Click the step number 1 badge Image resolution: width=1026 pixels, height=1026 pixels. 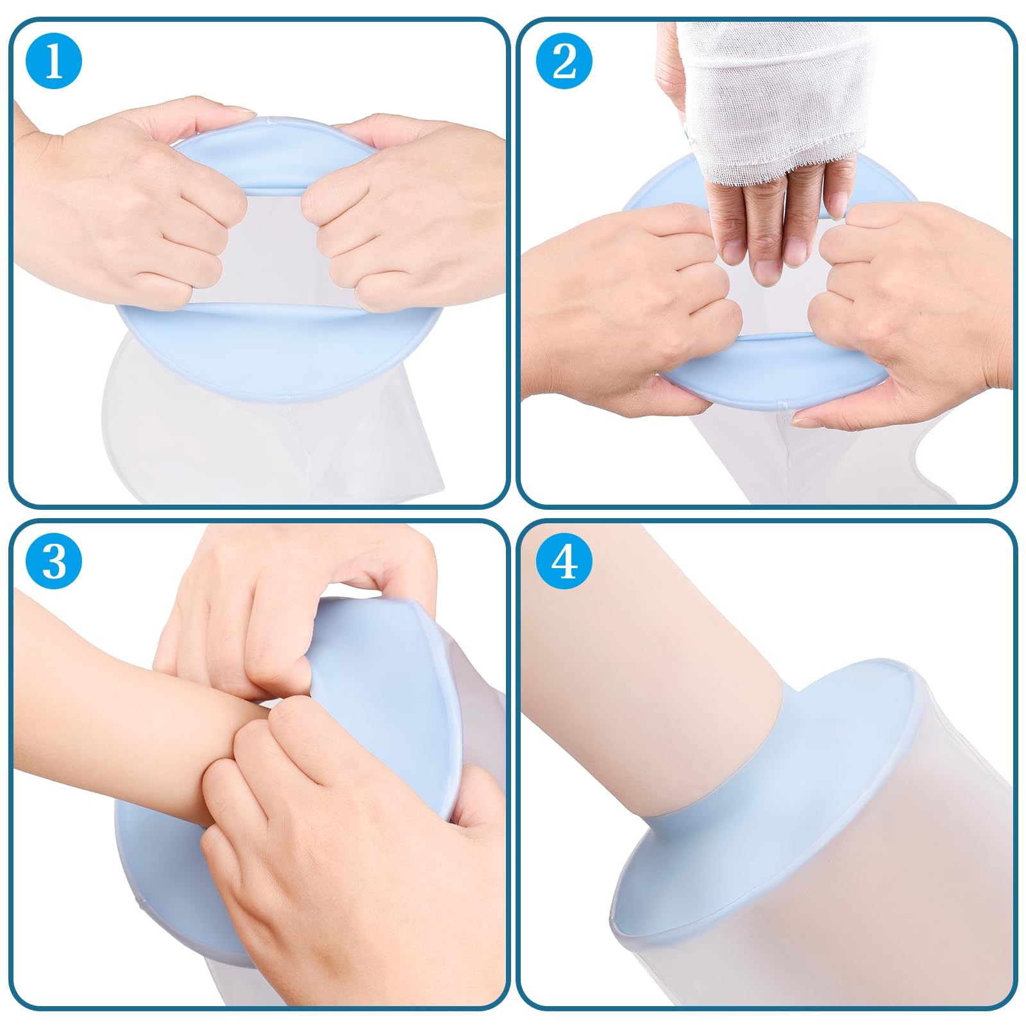point(54,62)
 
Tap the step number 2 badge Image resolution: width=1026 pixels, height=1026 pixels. point(564,62)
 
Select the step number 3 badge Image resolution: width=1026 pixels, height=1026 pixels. point(54,562)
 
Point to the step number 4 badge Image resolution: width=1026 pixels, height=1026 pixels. point(564,562)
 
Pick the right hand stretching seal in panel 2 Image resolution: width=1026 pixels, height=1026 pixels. point(911,308)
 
